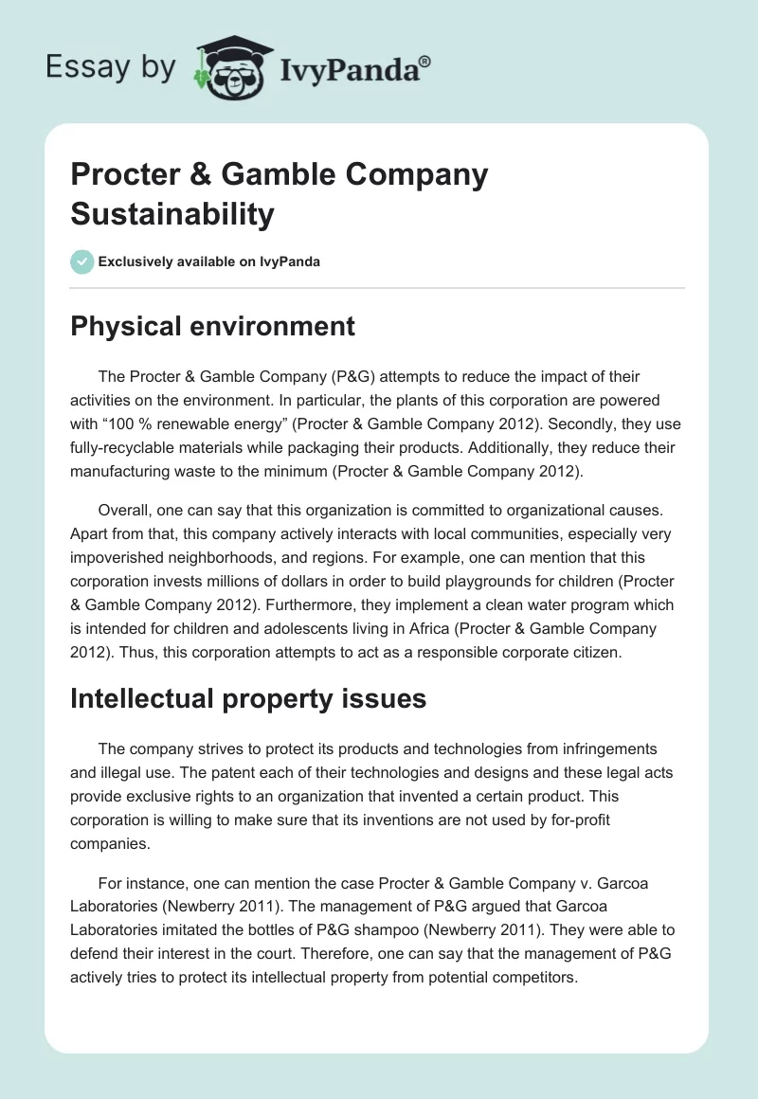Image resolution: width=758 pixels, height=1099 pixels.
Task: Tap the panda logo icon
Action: [x=229, y=68]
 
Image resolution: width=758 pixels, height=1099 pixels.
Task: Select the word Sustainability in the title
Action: [x=171, y=213]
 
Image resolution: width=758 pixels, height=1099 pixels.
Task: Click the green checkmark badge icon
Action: [x=82, y=261]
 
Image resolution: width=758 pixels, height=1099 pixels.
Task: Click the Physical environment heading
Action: [x=212, y=327]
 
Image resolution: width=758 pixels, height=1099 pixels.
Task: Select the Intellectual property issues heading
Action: [x=248, y=699]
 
